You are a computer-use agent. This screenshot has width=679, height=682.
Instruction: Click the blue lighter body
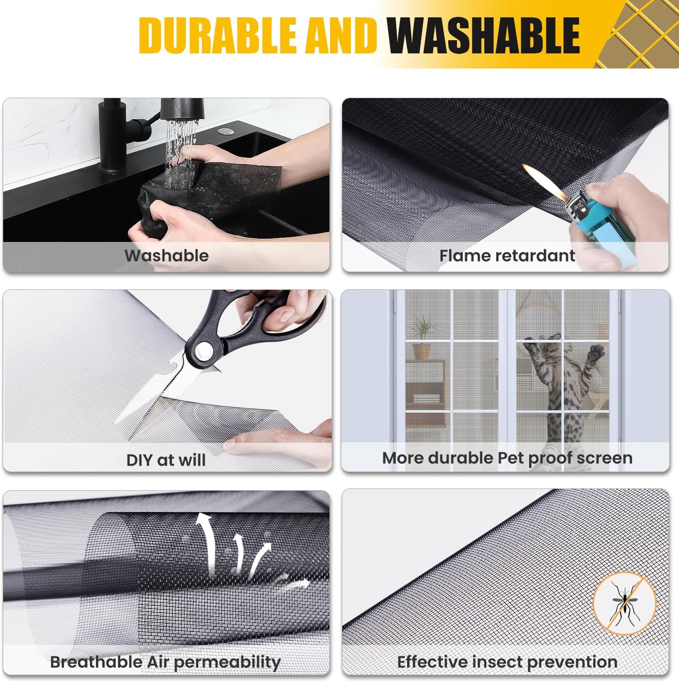[600, 228]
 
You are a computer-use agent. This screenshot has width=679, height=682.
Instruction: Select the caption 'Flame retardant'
[507, 256]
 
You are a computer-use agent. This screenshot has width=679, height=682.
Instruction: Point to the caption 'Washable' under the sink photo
[166, 256]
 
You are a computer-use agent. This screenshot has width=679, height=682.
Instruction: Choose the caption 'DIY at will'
[166, 460]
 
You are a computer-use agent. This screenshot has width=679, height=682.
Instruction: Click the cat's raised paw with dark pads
[597, 352]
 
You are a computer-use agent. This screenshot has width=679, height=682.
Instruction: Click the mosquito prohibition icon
[624, 603]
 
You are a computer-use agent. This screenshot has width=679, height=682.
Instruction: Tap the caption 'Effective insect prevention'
[507, 661]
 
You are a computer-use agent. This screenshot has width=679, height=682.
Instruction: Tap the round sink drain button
[224, 131]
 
